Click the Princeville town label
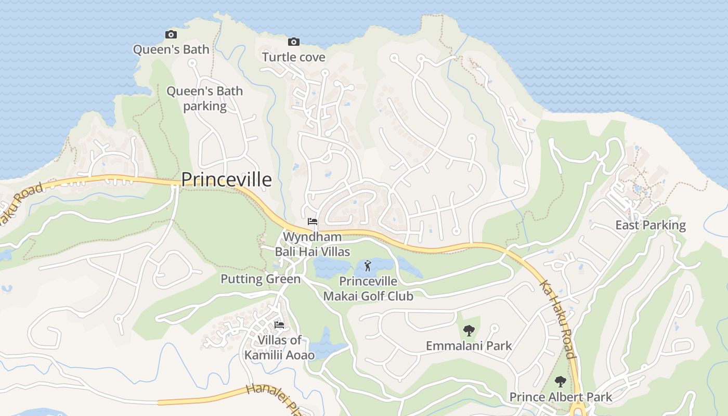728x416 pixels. tap(226, 179)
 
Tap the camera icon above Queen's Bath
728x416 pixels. tap(171, 35)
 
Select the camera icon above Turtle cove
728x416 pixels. tap(294, 42)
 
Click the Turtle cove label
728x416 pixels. tap(294, 57)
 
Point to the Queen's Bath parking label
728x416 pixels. tap(204, 98)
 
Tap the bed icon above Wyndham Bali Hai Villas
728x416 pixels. tap(312, 222)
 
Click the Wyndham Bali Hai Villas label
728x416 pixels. tap(312, 244)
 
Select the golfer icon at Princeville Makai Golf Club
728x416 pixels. tap(368, 266)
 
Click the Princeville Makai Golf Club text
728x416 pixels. tap(368, 289)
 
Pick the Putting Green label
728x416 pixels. tap(261, 279)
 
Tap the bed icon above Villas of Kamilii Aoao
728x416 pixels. tap(279, 325)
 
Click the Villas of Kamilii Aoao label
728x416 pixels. tap(280, 347)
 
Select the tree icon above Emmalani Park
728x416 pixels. tap(469, 330)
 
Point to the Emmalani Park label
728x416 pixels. tap(469, 346)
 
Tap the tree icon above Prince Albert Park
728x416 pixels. tap(560, 382)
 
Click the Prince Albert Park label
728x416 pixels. tap(561, 397)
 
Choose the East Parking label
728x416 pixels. tap(651, 225)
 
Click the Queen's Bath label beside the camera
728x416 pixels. tap(171, 49)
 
